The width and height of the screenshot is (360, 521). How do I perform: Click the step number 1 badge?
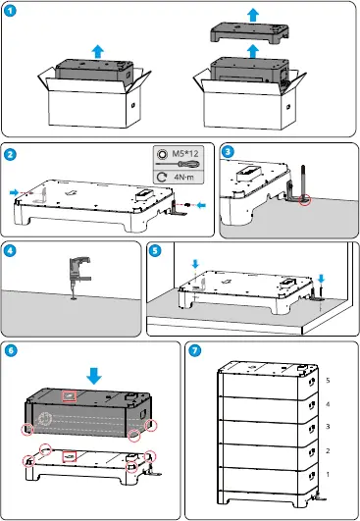click(x=10, y=11)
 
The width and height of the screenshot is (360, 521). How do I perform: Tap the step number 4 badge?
click(x=10, y=250)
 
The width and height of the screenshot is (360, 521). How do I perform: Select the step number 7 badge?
click(x=195, y=350)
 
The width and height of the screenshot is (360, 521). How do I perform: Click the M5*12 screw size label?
click(x=185, y=153)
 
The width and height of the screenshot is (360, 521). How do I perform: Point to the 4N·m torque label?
click(x=183, y=177)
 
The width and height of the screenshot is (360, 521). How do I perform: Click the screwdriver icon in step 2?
click(x=178, y=164)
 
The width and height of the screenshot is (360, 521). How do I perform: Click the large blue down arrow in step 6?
click(x=94, y=376)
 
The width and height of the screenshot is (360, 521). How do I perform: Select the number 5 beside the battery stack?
click(x=328, y=380)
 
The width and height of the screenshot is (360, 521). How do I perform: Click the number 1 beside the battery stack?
click(x=328, y=475)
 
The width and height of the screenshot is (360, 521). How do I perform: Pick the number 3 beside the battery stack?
click(x=328, y=426)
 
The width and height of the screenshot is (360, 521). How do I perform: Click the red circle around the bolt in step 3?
click(x=305, y=199)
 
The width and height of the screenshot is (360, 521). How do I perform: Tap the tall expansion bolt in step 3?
click(x=303, y=182)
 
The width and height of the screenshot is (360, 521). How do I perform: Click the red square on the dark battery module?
click(x=70, y=396)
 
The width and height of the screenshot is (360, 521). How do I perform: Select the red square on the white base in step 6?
click(x=70, y=457)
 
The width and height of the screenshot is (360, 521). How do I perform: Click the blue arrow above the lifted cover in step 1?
click(x=253, y=16)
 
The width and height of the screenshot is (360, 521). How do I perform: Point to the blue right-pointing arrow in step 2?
click(x=15, y=192)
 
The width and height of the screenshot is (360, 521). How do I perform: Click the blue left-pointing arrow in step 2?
click(x=201, y=205)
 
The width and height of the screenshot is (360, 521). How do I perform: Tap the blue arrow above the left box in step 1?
click(x=98, y=52)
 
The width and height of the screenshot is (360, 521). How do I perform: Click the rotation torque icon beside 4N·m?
click(x=162, y=177)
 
